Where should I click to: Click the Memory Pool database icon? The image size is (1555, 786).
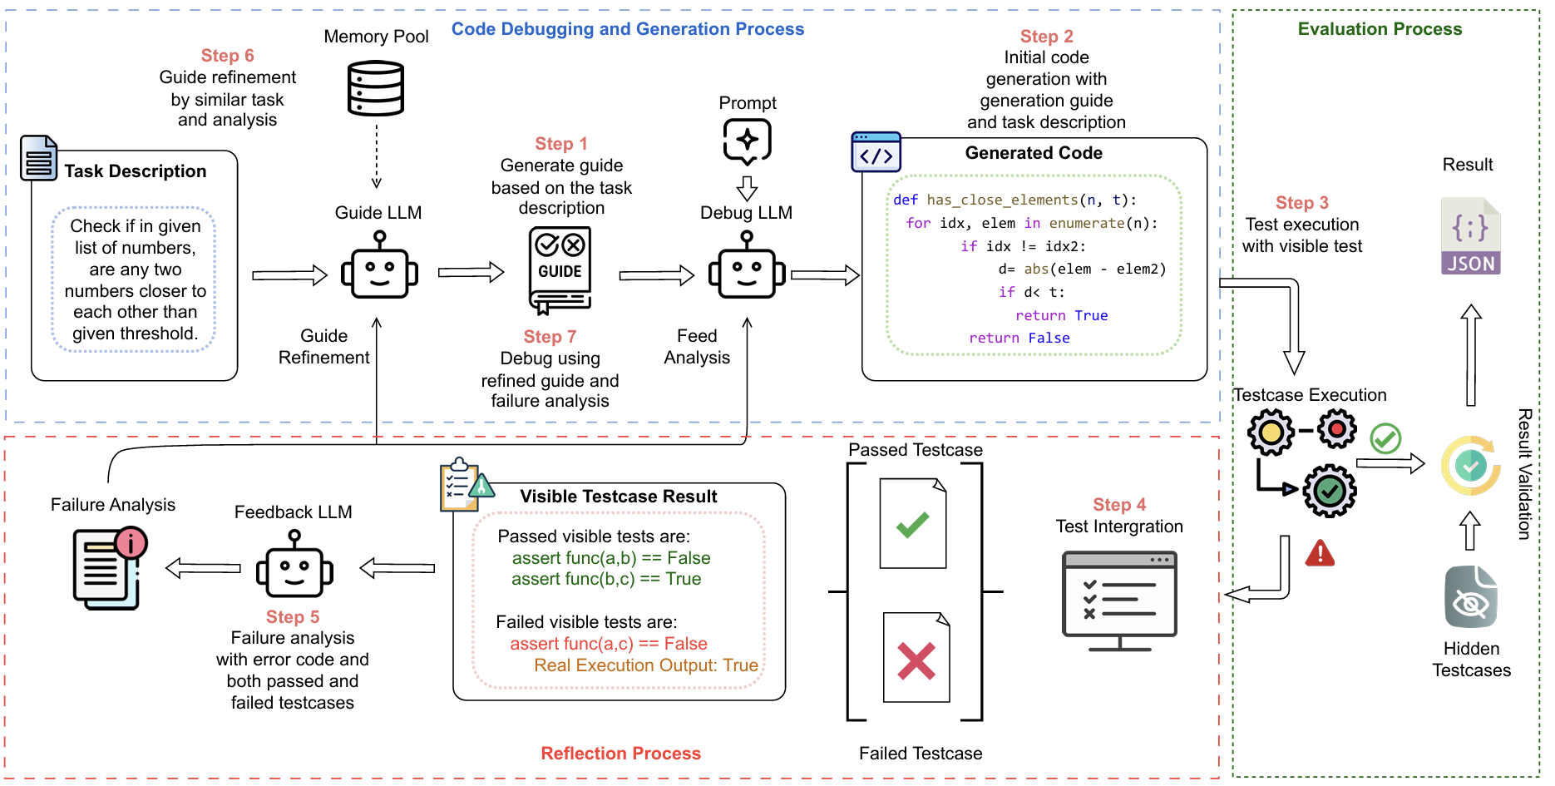point(376,88)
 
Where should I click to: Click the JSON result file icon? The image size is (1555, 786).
point(1470,236)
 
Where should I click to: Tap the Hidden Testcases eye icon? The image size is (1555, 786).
point(1470,597)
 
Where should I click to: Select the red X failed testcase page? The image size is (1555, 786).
point(916,658)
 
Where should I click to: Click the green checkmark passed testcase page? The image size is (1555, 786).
point(913,523)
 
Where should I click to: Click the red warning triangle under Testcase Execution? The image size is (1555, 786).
point(1320,553)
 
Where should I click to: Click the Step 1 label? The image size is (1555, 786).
point(560,144)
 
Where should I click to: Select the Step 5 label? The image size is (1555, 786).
point(293,617)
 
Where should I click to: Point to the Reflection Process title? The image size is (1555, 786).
point(620,754)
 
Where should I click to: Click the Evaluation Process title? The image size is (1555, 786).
point(1380,29)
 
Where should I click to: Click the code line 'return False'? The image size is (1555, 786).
point(1019,339)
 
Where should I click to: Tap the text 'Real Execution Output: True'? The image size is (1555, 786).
point(646,665)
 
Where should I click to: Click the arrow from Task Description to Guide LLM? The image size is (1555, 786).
point(289,275)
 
